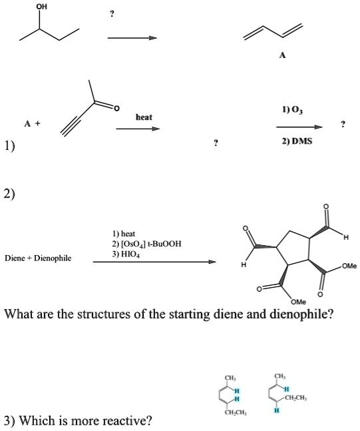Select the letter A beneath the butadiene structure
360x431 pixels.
[282, 57]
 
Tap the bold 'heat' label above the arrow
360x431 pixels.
[144, 117]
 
